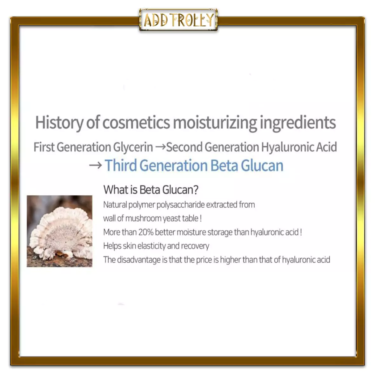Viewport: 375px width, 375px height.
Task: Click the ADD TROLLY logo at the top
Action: [178, 20]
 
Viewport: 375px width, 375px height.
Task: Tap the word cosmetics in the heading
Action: [136, 123]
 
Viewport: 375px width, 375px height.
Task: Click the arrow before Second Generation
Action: [160, 147]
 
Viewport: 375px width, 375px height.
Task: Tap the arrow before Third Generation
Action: [96, 165]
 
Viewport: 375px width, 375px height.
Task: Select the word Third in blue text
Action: [121, 165]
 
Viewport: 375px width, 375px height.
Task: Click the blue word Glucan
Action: [262, 165]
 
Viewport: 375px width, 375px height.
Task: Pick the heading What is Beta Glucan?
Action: [151, 190]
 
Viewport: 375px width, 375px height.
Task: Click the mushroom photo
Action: [60, 231]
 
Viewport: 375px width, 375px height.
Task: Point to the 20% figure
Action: [146, 232]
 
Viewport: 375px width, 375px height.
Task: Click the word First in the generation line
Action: [44, 147]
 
